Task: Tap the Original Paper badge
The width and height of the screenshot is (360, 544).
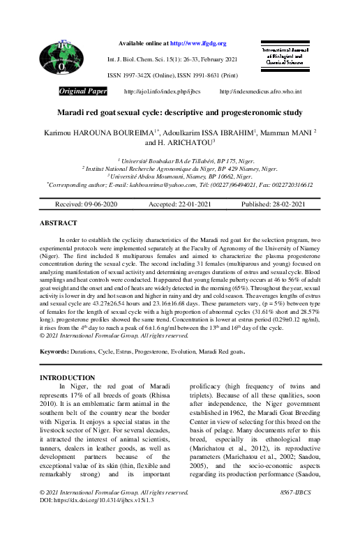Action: click(83, 91)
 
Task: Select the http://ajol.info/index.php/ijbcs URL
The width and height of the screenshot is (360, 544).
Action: click(162, 91)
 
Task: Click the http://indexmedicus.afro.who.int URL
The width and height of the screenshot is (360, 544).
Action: click(260, 91)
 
